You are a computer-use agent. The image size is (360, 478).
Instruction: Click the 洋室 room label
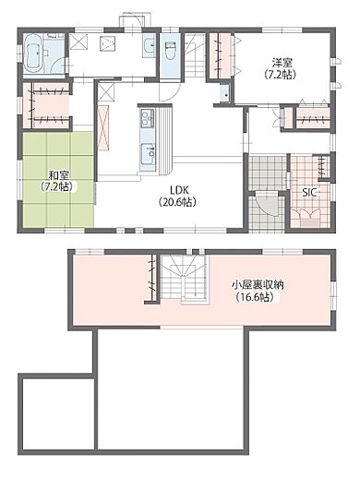(x=282, y=62)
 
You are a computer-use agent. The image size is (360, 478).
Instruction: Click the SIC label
(x=311, y=192)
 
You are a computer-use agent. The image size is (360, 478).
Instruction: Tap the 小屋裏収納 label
(x=258, y=284)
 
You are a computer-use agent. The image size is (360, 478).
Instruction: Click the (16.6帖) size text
(x=258, y=297)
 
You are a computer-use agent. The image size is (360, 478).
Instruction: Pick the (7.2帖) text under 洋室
(x=282, y=74)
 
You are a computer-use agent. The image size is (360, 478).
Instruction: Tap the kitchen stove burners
(x=145, y=118)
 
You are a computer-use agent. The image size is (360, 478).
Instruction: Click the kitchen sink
(x=146, y=154)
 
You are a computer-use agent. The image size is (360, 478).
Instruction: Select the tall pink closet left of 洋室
(x=222, y=56)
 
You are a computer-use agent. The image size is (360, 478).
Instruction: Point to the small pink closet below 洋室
(x=308, y=118)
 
